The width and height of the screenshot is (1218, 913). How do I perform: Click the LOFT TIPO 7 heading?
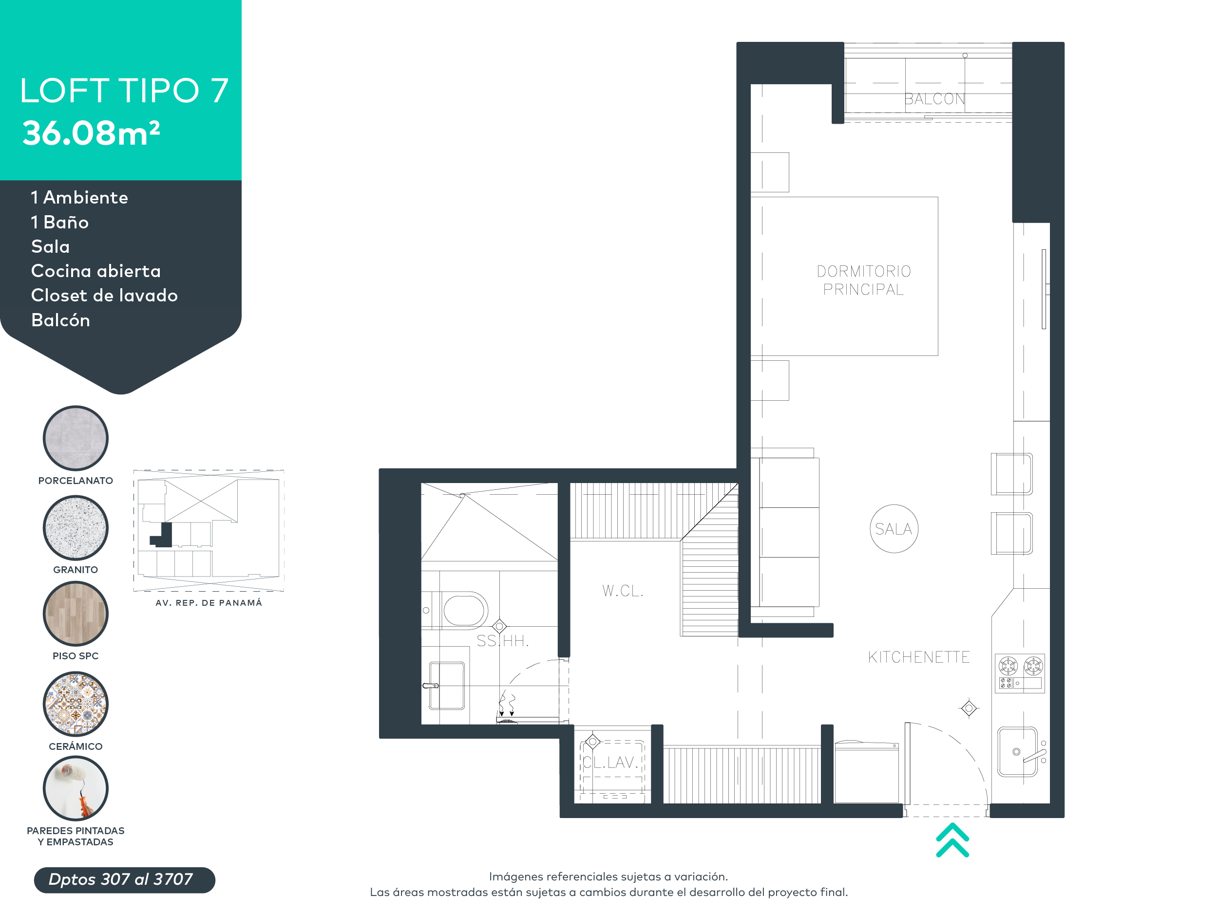[124, 91]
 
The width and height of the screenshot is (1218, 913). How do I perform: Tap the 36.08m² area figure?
[91, 133]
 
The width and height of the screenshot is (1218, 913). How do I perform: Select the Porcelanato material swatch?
[76, 439]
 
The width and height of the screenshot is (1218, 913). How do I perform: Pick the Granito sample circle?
[76, 528]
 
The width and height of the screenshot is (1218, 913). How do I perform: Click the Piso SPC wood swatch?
[76, 614]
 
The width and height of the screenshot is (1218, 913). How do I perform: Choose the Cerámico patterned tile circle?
[76, 704]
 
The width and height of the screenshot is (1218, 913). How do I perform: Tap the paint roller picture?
[76, 788]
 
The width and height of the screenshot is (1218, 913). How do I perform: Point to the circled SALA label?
[894, 529]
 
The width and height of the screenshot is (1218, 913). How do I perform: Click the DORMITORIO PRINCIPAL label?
[863, 280]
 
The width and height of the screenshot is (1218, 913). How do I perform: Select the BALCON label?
[934, 99]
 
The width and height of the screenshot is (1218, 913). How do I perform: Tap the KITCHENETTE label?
[918, 657]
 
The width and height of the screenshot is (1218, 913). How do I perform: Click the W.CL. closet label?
[622, 591]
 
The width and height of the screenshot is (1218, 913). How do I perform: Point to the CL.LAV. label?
[610, 762]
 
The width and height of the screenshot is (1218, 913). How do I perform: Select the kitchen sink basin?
[1017, 751]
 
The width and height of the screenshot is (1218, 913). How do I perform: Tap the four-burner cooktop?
[1020, 672]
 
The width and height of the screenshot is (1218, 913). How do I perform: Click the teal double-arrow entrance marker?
[952, 840]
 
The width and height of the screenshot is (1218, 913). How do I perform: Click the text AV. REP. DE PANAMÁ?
[209, 603]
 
